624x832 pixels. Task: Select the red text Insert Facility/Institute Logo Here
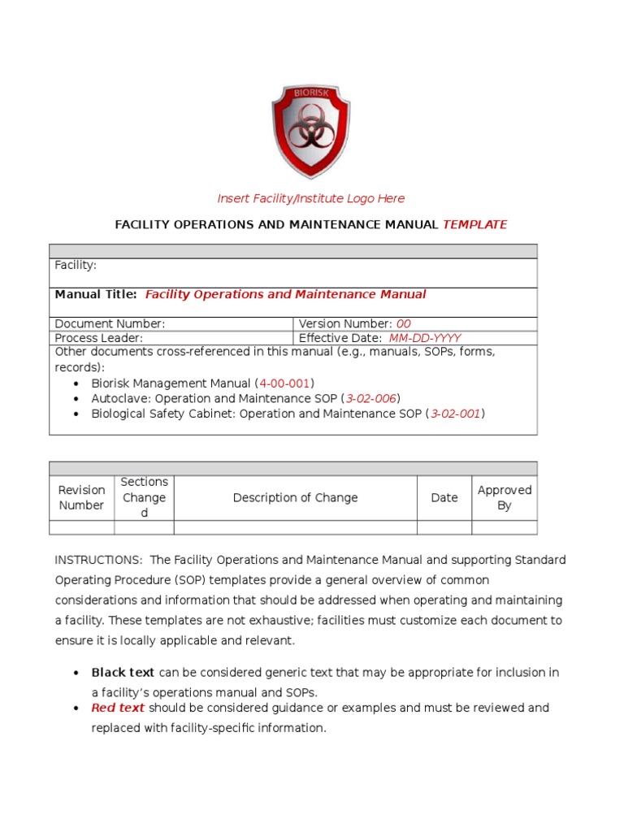point(310,198)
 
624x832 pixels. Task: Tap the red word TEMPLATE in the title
point(474,224)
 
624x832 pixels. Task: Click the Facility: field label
point(76,265)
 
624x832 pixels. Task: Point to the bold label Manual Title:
point(96,294)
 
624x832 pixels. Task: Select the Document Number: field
point(110,323)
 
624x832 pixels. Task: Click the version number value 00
point(403,323)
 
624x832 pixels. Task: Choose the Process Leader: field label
point(98,338)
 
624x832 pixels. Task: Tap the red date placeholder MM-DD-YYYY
point(424,338)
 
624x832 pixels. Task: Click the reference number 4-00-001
point(284,383)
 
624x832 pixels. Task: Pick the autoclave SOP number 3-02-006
point(371,398)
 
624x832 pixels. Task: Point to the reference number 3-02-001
point(456,414)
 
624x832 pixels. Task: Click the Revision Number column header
point(81,497)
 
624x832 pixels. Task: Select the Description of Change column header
point(295,497)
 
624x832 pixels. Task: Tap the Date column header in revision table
point(444,497)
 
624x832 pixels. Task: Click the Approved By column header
point(505,497)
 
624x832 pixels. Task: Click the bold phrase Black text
point(123,672)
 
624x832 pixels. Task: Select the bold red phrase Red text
point(118,708)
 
